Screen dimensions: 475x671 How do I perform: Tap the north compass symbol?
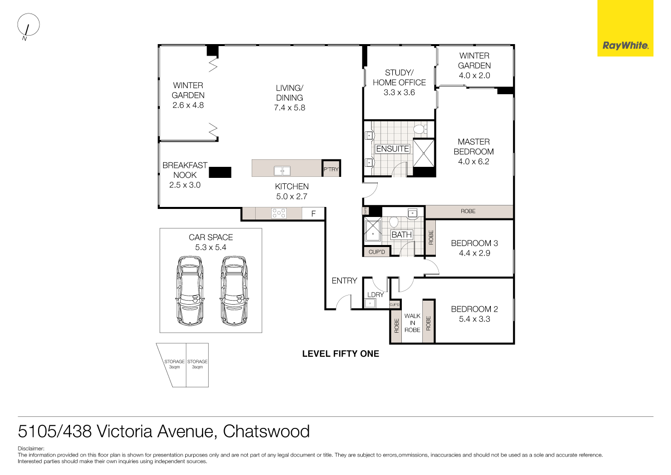click(x=28, y=25)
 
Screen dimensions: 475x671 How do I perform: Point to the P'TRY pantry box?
click(x=331, y=169)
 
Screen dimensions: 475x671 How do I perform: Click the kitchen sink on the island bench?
click(x=282, y=171)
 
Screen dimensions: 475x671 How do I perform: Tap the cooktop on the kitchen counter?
click(x=279, y=213)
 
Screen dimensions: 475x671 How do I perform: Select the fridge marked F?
click(x=314, y=214)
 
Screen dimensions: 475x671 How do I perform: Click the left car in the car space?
click(x=190, y=291)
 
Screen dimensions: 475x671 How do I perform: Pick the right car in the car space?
click(x=234, y=291)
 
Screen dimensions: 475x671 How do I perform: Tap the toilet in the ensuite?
click(x=419, y=129)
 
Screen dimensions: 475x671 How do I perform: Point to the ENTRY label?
click(x=344, y=281)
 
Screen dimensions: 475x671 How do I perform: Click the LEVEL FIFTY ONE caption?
click(x=340, y=354)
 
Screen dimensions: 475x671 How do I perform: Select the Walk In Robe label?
click(x=412, y=323)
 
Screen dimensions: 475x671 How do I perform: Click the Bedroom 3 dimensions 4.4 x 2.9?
click(x=474, y=253)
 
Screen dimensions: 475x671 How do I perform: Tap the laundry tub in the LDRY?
click(x=370, y=303)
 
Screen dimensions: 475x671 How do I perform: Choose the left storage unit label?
click(x=174, y=364)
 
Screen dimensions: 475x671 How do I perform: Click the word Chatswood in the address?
click(x=266, y=431)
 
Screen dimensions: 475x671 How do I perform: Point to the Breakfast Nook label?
click(x=185, y=170)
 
